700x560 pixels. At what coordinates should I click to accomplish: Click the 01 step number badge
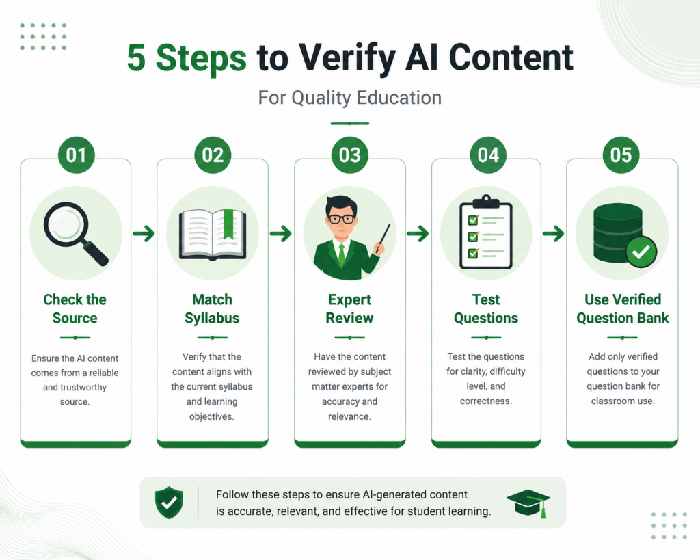coord(77,155)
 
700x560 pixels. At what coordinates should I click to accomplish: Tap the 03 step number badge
coord(349,155)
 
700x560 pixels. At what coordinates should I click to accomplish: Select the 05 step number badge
coord(621,155)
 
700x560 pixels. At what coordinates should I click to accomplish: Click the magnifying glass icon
coord(76,234)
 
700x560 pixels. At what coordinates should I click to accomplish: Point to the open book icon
coord(213,235)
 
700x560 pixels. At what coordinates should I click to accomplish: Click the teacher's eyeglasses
coord(342,219)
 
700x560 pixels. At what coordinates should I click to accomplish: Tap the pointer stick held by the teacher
coord(383,238)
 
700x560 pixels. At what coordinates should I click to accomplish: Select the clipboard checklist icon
coord(486,232)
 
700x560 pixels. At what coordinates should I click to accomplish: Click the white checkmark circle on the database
coord(641,252)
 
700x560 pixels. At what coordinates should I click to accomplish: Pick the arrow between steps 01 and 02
coord(144,233)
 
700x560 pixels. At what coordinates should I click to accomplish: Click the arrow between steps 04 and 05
coord(554,233)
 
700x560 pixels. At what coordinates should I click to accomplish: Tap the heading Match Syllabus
coord(212,308)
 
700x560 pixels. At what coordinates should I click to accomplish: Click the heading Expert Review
coord(349,308)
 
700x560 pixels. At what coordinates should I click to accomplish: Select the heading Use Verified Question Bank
coord(622,308)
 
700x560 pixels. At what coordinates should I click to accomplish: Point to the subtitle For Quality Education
coord(350,98)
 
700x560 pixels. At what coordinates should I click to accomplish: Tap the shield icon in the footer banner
coord(169,503)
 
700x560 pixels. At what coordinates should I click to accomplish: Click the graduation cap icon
coord(528,503)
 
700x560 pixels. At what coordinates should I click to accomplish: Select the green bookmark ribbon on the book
coord(228,224)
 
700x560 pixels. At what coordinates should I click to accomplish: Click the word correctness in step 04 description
coord(486,401)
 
